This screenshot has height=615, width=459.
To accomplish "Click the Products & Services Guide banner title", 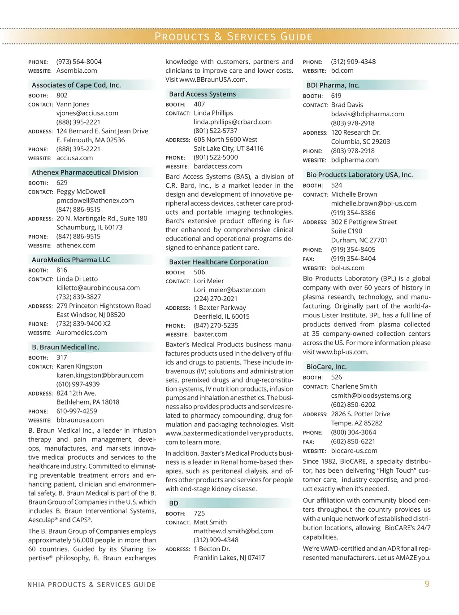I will (x=233, y=36).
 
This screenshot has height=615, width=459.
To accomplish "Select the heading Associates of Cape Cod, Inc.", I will (x=76, y=85).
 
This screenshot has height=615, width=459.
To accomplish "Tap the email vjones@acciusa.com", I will (x=87, y=113).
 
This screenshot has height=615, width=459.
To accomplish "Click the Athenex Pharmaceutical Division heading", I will (x=85, y=172).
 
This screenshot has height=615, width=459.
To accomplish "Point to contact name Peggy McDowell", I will (x=81, y=192).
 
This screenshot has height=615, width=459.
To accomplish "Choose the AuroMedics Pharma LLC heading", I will (x=71, y=260).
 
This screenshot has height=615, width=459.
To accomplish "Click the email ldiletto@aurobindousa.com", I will (x=98, y=288).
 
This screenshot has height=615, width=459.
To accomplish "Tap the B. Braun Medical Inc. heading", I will (x=65, y=347).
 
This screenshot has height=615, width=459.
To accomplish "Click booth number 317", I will (x=62, y=357).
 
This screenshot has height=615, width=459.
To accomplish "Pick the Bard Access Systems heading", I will (x=203, y=94).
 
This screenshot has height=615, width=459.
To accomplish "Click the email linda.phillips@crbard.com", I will (x=233, y=122).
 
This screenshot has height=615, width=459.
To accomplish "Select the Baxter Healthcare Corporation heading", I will (x=219, y=262).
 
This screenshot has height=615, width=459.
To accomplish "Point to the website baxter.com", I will (x=211, y=334).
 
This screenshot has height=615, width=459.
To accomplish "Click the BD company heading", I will (x=174, y=503).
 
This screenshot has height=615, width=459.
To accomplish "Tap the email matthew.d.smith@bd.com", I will (x=234, y=531).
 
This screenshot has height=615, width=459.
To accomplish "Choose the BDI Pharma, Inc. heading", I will (x=333, y=85).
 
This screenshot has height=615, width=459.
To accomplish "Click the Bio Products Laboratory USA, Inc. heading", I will (x=359, y=175).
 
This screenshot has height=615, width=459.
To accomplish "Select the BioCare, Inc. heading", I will (x=326, y=367).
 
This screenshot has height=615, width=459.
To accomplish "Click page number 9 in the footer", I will (x=427, y=584).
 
